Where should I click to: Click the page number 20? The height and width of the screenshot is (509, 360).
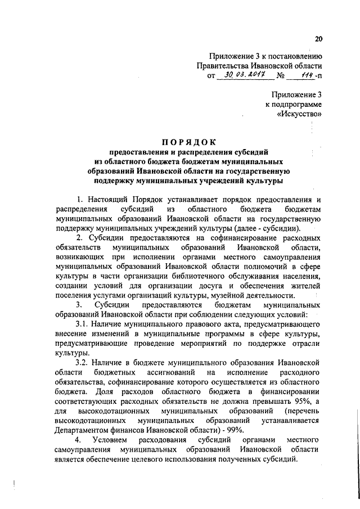point(318,39)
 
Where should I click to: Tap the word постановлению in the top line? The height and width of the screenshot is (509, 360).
point(294,55)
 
